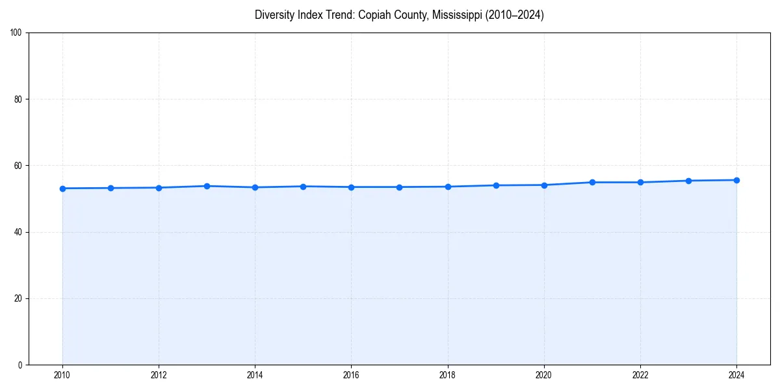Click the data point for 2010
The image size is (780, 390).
[x=62, y=188]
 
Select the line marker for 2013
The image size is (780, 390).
[x=207, y=186]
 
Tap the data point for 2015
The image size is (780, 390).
[x=303, y=187]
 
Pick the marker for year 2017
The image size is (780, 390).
[x=399, y=187]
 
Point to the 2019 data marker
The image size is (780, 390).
[x=496, y=185]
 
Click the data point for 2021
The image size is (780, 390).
[x=592, y=182]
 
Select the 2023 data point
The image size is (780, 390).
[x=688, y=181]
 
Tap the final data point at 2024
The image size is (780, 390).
[x=736, y=180]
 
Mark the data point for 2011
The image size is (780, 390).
[x=110, y=188]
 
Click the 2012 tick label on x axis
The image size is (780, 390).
[x=159, y=375]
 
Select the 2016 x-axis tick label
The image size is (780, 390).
[x=351, y=375]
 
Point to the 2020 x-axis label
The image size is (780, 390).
[x=544, y=375]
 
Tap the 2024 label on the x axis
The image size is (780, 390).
[x=736, y=375]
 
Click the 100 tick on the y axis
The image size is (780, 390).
[x=17, y=33]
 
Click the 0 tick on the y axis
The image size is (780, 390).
[x=21, y=365]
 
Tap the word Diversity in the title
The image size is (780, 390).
[x=274, y=15]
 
